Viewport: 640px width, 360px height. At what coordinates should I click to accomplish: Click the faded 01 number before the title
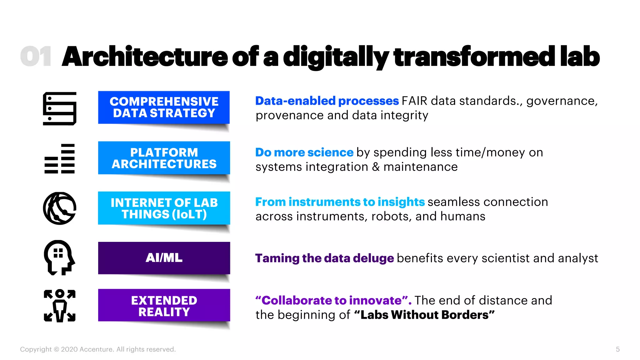[36, 57]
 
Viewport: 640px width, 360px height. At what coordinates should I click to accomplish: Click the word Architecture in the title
[145, 57]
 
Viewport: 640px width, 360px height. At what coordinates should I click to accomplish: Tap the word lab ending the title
[580, 57]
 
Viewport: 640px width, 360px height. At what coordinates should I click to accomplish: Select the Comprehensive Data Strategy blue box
[164, 107]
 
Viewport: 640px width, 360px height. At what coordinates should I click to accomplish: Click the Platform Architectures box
[164, 158]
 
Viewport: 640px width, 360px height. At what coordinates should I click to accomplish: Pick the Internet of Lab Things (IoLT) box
[164, 208]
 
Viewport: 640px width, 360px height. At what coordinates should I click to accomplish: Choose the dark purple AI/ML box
[164, 258]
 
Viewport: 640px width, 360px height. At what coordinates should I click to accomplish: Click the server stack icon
[60, 108]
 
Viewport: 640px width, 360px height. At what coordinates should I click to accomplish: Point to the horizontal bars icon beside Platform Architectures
[60, 158]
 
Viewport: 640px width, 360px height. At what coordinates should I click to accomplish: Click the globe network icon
[60, 208]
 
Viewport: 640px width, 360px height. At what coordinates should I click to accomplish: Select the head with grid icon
[59, 257]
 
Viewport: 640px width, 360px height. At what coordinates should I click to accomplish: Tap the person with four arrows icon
[59, 306]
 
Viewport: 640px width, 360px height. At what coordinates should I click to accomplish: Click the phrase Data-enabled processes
[327, 101]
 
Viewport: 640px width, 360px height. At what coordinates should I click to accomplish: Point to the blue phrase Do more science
[304, 152]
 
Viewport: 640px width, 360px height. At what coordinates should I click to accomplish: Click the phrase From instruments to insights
[340, 202]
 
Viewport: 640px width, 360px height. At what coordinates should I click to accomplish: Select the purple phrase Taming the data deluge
[324, 258]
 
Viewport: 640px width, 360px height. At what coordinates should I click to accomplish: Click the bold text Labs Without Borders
[424, 315]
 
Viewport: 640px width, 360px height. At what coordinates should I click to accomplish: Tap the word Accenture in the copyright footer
[96, 349]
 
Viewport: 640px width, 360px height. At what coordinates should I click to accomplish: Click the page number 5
[617, 349]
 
